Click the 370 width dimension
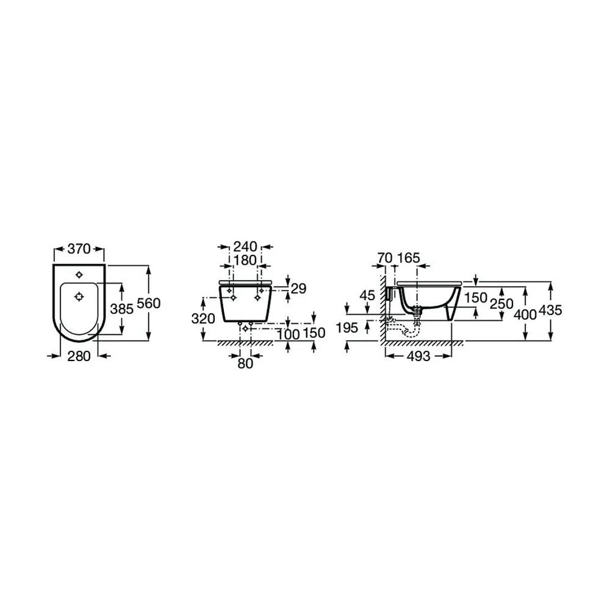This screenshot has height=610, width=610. pos(79,249)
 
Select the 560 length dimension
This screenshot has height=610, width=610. pos(149,303)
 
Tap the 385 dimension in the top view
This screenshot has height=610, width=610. pos(122,309)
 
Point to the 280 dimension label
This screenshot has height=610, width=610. pos(79,356)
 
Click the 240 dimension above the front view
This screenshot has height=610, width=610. pos(245,246)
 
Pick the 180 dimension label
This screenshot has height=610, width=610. pos(245,260)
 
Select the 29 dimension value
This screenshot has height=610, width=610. pos(298,289)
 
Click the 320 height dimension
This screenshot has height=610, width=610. pos(203,318)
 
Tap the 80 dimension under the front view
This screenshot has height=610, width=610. pos(245,364)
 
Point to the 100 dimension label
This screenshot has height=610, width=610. pos(289,334)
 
